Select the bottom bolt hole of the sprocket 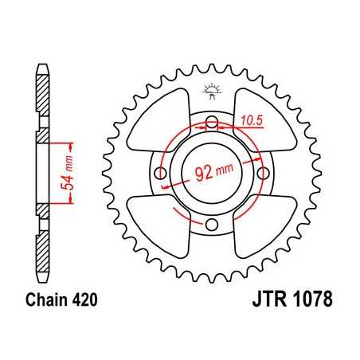212,225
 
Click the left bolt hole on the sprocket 159,174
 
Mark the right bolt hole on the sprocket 264,174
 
